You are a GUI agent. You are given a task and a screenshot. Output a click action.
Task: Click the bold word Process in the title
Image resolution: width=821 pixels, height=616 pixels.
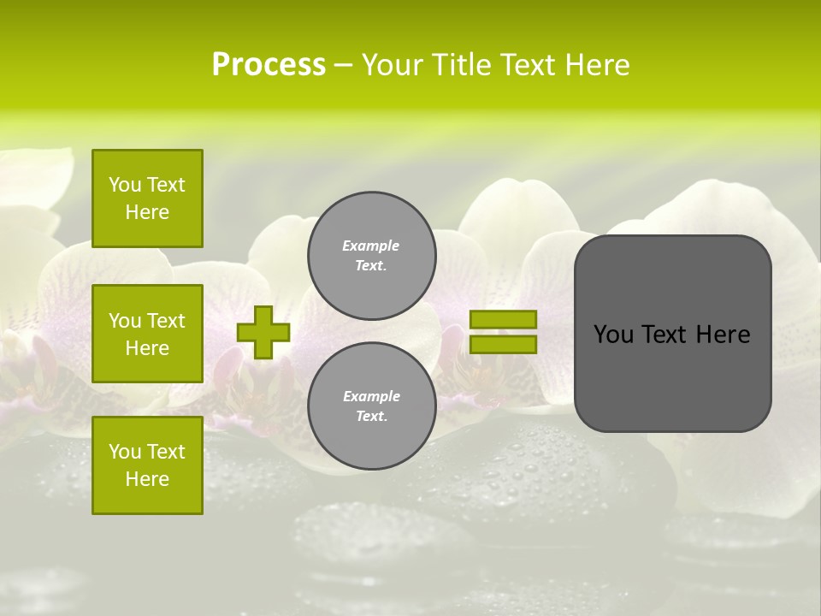tap(269, 65)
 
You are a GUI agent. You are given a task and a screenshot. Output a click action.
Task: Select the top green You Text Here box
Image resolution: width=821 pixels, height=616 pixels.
tap(147, 198)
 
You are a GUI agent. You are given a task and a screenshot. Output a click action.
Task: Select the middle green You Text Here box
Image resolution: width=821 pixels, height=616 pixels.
tap(147, 334)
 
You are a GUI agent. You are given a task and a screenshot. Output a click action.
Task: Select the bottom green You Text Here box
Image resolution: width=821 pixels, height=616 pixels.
tap(147, 465)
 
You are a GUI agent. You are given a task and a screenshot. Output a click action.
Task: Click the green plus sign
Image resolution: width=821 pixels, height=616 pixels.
tap(263, 333)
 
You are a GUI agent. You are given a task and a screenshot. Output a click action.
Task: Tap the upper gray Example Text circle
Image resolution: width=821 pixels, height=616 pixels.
tap(371, 256)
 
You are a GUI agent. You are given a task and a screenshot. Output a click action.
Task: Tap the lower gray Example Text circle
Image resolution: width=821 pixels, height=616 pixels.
tap(371, 406)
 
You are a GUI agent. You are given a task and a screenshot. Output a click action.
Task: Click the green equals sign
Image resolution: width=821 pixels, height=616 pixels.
tap(503, 332)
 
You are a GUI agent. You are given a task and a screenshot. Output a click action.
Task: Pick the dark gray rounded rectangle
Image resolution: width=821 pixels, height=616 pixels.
tap(672, 334)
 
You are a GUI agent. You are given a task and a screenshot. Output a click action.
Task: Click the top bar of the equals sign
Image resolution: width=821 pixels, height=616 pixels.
tap(503, 320)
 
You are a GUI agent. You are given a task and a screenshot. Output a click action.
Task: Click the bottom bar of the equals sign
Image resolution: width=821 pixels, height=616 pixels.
tap(503, 345)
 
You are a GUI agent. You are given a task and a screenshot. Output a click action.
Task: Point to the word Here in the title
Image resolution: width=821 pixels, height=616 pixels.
tap(595, 65)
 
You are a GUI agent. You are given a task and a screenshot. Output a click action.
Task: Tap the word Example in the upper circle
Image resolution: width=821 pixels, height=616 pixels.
tap(371, 246)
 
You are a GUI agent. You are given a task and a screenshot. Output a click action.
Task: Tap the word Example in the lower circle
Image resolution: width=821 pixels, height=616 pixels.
tap(371, 397)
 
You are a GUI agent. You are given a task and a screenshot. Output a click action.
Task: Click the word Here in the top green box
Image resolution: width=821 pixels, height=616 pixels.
tap(147, 212)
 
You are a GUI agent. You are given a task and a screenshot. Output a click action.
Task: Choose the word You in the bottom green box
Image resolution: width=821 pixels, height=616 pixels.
tap(125, 452)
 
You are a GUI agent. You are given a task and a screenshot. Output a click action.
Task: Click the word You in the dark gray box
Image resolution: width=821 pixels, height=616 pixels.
tap(613, 335)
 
